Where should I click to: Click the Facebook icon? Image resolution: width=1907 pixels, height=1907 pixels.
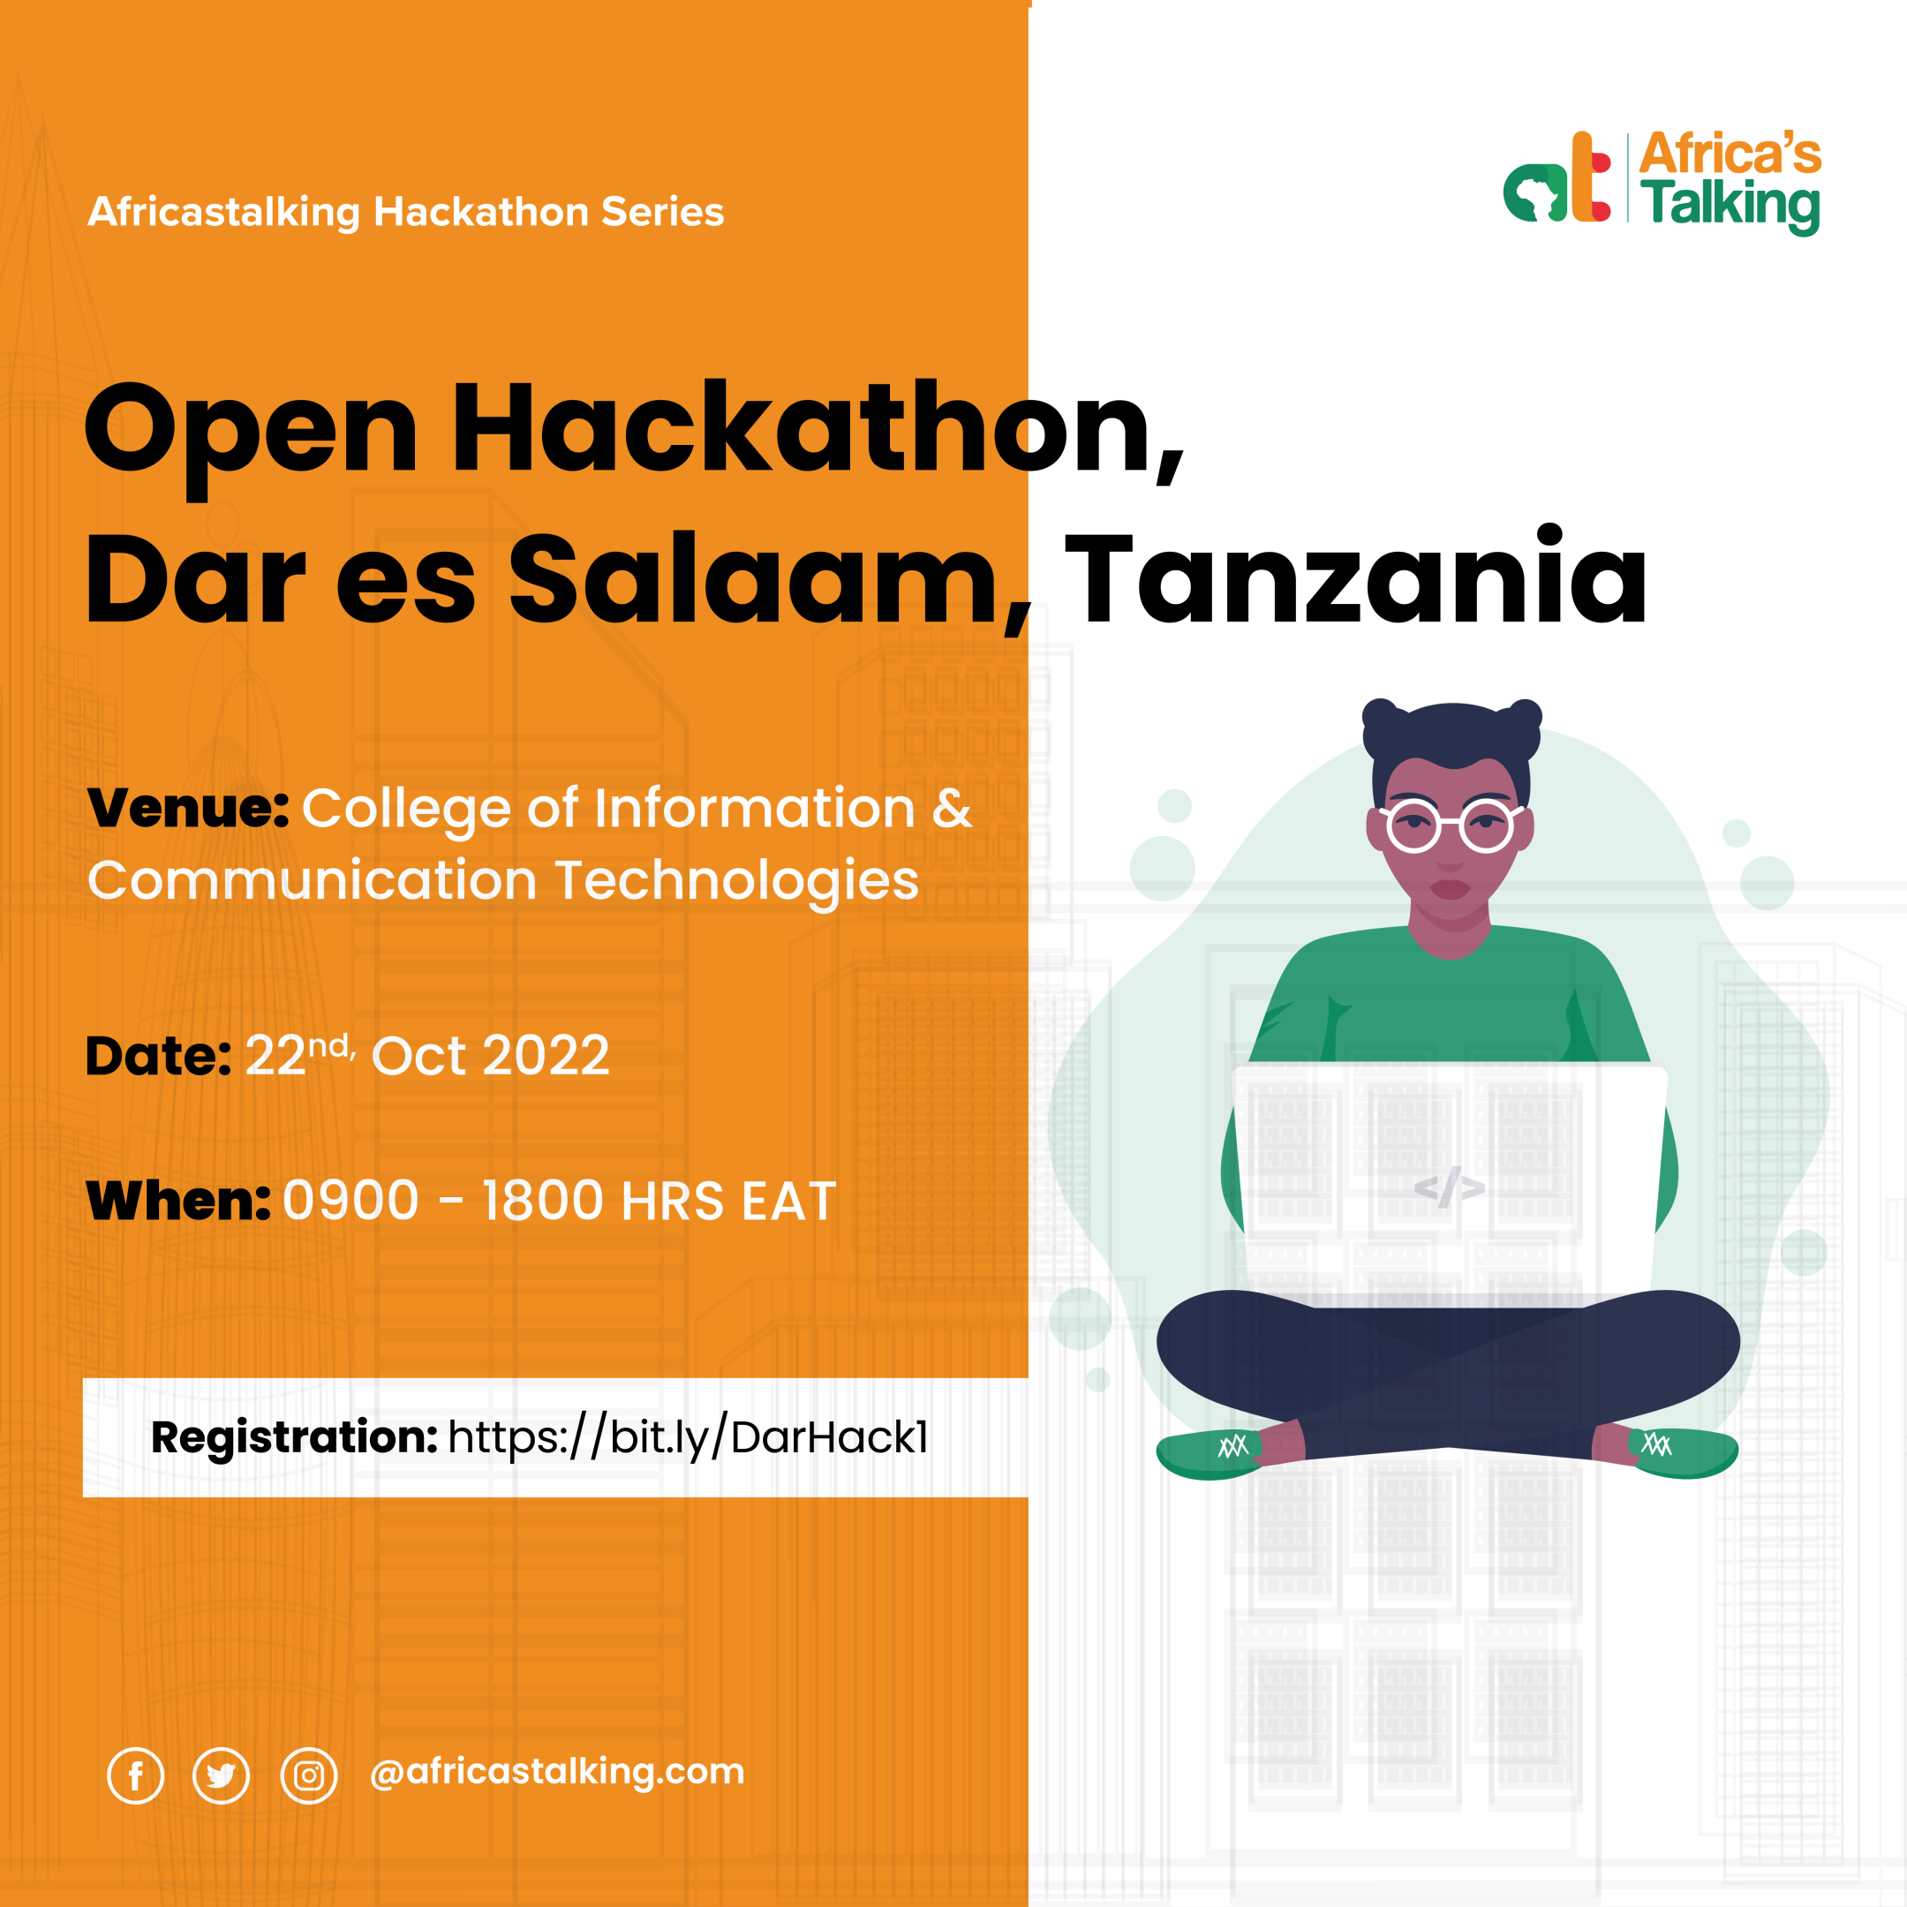[135, 1775]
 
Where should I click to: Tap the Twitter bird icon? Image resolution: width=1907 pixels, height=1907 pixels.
[221, 1775]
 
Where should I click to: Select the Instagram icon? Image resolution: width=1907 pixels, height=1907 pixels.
[309, 1775]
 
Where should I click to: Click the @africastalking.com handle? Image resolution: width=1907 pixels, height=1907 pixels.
[557, 1772]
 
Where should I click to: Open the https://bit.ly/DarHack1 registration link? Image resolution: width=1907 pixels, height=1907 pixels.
[688, 1438]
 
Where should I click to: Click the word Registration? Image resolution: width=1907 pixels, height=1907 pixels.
[294, 1437]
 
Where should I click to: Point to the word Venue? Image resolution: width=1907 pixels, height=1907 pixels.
[187, 809]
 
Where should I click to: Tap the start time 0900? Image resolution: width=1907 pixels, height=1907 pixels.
[350, 1202]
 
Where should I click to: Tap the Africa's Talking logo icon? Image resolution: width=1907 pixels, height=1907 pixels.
[1557, 178]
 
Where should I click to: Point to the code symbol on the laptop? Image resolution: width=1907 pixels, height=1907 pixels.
[1449, 1187]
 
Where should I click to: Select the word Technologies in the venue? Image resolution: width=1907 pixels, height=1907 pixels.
[736, 880]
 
